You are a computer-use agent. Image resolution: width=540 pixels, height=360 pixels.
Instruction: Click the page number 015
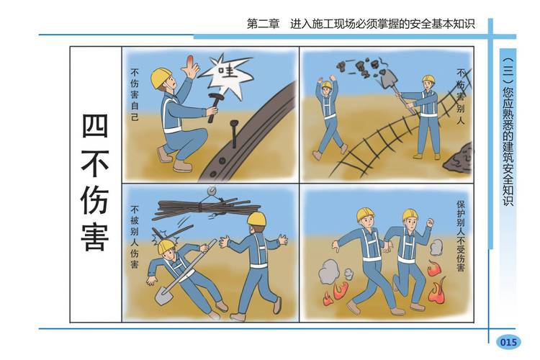508,342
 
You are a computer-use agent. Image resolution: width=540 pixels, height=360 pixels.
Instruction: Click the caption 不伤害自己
135,94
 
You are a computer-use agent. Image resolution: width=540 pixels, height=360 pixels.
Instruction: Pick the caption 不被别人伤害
135,238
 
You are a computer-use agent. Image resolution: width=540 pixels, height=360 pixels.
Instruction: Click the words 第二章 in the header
263,24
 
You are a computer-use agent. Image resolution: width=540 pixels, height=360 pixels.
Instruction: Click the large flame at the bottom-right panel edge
436,291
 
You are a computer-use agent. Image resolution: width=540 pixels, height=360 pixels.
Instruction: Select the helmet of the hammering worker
161,76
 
